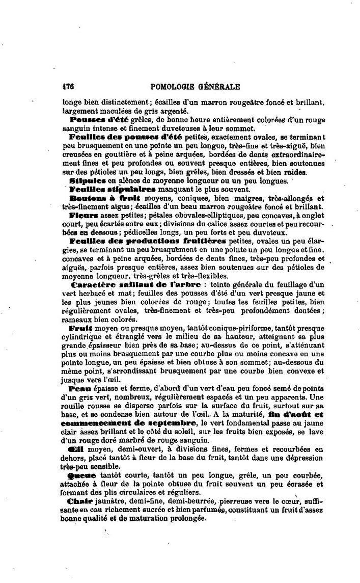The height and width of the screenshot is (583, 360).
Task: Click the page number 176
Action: (68, 87)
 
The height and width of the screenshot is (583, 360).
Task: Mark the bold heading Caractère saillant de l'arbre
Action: (137, 284)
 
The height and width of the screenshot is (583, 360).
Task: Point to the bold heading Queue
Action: (78, 475)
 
